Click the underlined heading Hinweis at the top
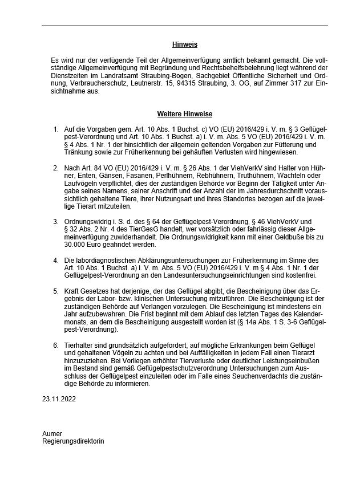click(184, 44)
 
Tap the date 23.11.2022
click(58, 399)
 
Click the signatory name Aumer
click(52, 434)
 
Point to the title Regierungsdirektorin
click(73, 441)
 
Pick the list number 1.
click(55, 131)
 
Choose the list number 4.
click(55, 260)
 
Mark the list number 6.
click(55, 346)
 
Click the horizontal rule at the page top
click(184, 25)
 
